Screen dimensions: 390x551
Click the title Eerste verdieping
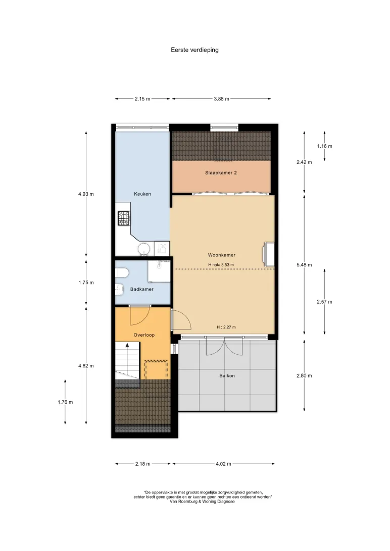click(194, 50)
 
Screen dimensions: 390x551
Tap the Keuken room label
click(142, 194)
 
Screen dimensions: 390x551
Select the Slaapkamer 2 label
click(221, 173)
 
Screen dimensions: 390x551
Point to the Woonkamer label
click(222, 255)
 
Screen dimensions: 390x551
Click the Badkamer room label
click(142, 289)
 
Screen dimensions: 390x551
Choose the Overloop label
click(144, 335)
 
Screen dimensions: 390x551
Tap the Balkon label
click(227, 375)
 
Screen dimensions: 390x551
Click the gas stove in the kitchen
click(124, 218)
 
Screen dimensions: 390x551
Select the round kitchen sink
click(144, 249)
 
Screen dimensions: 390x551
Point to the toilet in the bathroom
click(122, 273)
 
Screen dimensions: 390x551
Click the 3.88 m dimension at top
click(222, 99)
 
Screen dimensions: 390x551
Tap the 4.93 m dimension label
click(86, 194)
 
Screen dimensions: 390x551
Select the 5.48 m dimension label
click(304, 265)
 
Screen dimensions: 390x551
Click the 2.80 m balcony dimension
click(304, 375)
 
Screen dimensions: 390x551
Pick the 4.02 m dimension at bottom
click(224, 464)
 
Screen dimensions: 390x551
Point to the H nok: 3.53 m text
click(221, 264)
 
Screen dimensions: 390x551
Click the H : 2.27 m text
click(226, 327)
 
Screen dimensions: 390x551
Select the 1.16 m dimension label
click(325, 146)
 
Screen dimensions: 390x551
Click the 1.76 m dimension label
click(65, 402)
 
